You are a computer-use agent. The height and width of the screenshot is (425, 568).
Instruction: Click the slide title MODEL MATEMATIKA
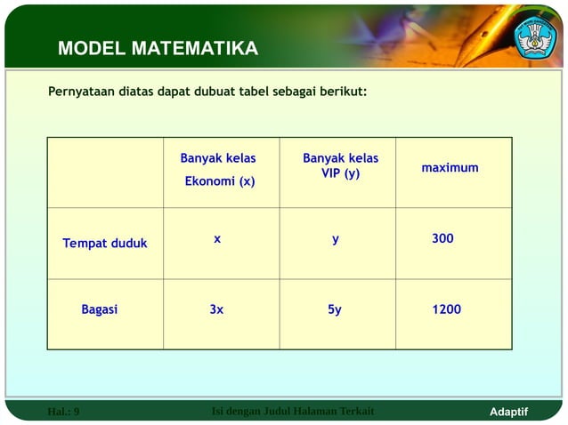(x=158, y=49)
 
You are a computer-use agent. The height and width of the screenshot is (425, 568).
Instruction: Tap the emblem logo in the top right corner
(x=534, y=36)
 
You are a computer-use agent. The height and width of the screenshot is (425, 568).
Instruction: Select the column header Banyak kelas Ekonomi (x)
(x=219, y=170)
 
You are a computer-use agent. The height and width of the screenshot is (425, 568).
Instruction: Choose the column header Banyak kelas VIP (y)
(x=340, y=165)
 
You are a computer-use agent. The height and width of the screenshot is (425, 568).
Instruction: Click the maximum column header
(x=450, y=168)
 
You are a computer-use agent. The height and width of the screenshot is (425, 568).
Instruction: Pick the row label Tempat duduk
(x=105, y=244)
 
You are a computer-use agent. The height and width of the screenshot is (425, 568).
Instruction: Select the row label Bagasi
(x=100, y=310)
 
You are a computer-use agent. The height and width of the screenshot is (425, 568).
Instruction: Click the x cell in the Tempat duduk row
(x=217, y=239)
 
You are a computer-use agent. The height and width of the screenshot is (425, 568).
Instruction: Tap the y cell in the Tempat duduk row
(x=336, y=239)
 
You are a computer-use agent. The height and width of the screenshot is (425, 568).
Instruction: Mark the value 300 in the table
(x=442, y=239)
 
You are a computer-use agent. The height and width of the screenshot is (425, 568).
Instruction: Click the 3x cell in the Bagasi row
(x=216, y=310)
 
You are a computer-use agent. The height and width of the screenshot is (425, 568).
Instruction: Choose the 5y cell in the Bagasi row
(x=335, y=310)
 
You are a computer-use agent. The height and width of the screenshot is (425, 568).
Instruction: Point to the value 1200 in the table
(x=446, y=310)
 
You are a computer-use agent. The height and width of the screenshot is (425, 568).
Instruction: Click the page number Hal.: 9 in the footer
(x=63, y=412)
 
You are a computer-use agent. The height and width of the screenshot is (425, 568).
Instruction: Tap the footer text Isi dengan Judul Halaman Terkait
(x=294, y=411)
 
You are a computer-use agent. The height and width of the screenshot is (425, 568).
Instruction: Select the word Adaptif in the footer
(x=509, y=412)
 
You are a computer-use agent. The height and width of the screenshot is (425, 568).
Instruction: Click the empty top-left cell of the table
(x=105, y=172)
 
